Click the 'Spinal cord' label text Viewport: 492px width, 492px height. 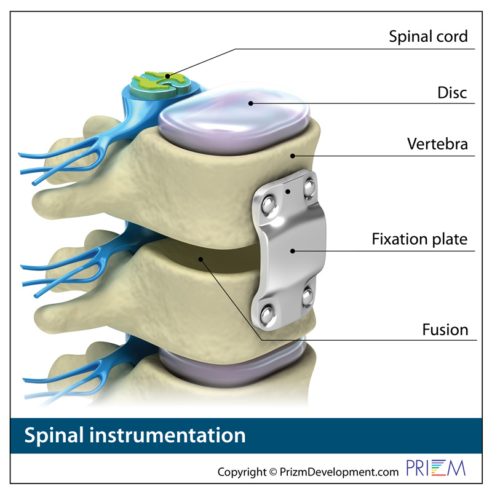point(428,36)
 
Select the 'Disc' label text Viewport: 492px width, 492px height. point(452,93)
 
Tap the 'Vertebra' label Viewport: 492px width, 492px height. point(437,144)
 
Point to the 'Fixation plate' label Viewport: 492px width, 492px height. point(419,239)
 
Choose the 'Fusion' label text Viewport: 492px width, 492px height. point(445,330)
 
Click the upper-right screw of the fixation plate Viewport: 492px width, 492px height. point(309,188)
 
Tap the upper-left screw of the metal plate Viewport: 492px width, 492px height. point(268,204)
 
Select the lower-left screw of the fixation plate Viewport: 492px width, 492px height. point(267,314)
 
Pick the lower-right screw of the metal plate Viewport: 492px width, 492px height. point(307,297)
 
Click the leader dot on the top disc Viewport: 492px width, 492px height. point(250,103)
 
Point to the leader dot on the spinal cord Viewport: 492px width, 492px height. point(167,76)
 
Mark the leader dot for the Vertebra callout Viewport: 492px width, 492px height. point(293,156)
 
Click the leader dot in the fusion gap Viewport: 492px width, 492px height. point(200,259)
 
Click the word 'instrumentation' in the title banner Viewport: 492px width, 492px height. point(167,435)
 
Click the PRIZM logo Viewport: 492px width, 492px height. point(435,468)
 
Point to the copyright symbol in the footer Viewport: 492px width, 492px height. point(273,472)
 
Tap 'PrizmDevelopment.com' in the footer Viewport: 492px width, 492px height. point(339,472)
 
